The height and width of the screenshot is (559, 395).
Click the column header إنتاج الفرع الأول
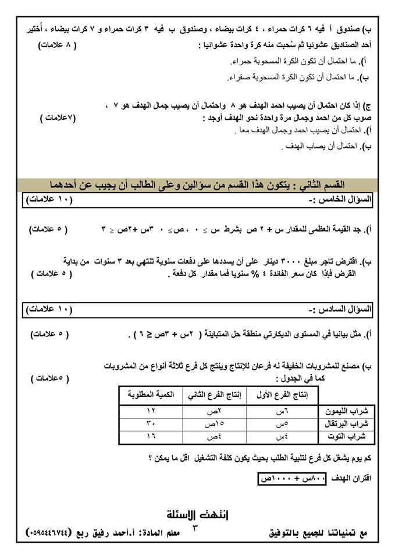[x=279, y=395]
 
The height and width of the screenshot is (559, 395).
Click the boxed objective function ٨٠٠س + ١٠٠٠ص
[x=289, y=478]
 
